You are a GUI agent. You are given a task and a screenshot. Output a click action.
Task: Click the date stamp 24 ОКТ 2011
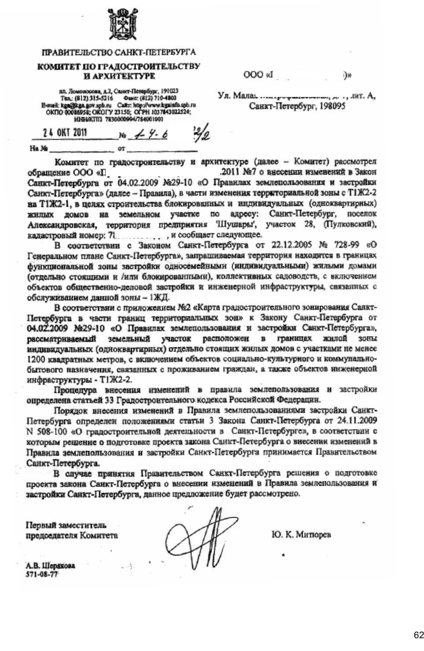pos(65,132)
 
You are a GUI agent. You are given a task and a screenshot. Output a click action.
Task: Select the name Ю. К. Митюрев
pos(301,535)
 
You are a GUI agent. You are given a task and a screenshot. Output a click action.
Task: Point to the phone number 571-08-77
pos(42,575)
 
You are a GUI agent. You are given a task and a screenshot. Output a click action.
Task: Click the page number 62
pos(419,635)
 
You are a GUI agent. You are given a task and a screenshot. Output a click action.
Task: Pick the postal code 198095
pos(330,106)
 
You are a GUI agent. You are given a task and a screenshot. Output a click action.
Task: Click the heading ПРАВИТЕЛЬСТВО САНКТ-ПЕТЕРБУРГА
pos(118,52)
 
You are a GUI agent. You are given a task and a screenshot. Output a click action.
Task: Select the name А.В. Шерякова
pos(50,566)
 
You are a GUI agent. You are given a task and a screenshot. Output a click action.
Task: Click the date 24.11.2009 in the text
pos(357,420)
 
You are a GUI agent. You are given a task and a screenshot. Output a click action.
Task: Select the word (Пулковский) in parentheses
pos(350,225)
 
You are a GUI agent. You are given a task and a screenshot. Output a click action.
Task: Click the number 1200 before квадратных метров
pos(36,359)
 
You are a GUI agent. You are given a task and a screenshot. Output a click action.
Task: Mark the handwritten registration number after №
pos(151,134)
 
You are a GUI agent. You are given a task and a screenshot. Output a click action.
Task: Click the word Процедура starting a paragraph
pos(75,390)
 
